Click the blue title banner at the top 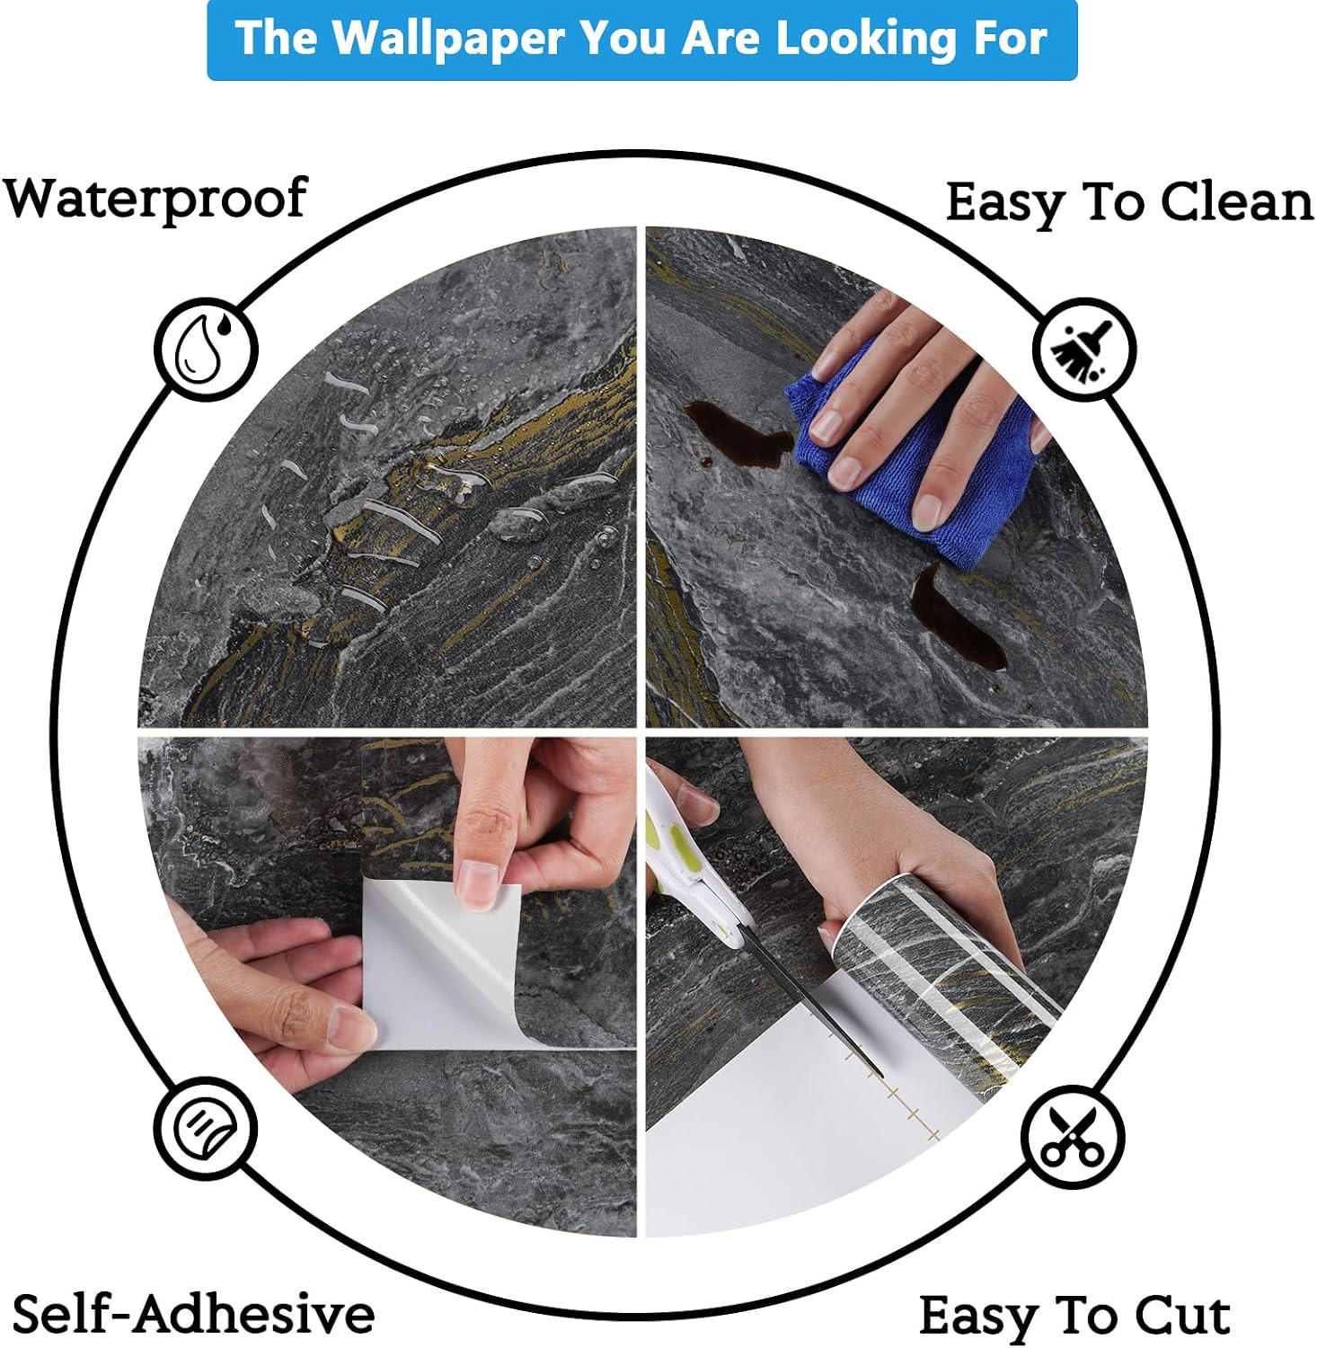pyautogui.click(x=642, y=40)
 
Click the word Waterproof pyautogui.click(x=155, y=200)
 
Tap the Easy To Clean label pyautogui.click(x=1129, y=204)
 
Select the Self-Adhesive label pyautogui.click(x=193, y=1314)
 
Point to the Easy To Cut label pyautogui.click(x=1074, y=1317)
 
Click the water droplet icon pyautogui.click(x=206, y=350)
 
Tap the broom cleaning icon pyautogui.click(x=1084, y=349)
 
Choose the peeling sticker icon pyautogui.click(x=205, y=1127)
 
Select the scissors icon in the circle pyautogui.click(x=1073, y=1135)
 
